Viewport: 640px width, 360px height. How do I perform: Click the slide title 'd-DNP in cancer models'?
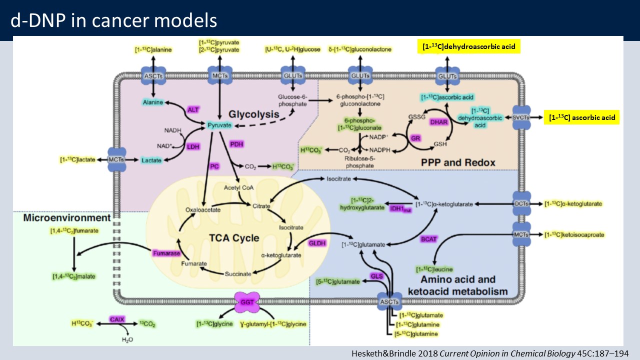(x=114, y=20)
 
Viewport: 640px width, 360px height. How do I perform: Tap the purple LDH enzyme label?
(x=192, y=146)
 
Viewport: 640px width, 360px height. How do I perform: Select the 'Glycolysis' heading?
(x=253, y=114)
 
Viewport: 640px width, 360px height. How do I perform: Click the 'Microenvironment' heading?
(x=66, y=218)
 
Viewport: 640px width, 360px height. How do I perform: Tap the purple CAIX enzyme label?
(x=116, y=318)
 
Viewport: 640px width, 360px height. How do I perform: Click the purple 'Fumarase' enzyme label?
(x=166, y=253)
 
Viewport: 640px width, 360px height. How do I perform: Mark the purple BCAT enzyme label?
(x=428, y=239)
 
